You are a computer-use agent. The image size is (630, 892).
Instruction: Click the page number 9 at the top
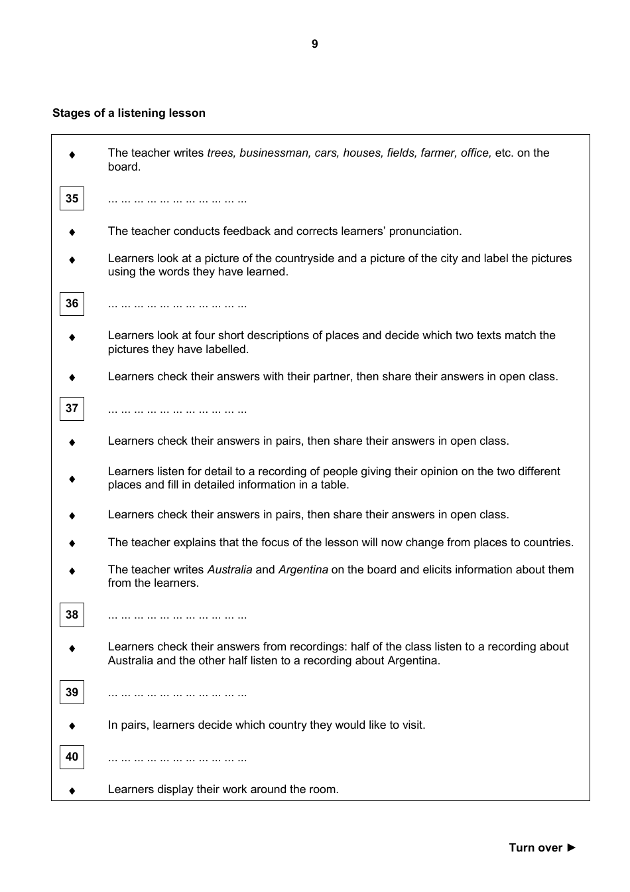[314, 44]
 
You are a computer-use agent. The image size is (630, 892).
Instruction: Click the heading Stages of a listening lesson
[129, 113]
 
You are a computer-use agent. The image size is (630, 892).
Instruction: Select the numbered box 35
[72, 198]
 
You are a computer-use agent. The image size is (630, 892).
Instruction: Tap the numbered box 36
[72, 303]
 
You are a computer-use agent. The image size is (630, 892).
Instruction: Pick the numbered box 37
[72, 408]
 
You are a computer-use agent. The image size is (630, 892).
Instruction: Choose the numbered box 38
[72, 615]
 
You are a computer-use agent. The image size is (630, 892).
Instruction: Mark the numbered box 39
[72, 692]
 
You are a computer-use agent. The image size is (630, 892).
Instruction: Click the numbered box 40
[72, 757]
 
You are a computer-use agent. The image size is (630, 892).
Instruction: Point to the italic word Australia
[229, 569]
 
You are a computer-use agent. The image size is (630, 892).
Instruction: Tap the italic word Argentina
[303, 569]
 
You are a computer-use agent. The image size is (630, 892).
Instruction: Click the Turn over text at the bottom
[535, 848]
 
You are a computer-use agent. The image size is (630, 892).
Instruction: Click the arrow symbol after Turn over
[572, 848]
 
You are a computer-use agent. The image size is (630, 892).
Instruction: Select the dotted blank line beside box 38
[177, 616]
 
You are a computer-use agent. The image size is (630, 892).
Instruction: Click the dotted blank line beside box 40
[177, 758]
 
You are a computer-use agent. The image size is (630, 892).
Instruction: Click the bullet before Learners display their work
[72, 790]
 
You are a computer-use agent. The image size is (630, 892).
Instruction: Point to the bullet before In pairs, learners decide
[72, 725]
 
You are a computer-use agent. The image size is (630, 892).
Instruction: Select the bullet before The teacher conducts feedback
[72, 232]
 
